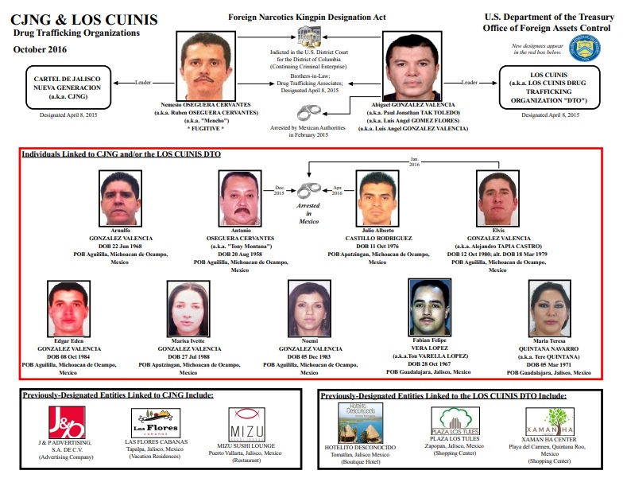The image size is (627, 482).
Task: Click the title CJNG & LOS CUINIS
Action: click(x=84, y=20)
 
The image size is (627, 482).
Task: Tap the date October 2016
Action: click(x=40, y=49)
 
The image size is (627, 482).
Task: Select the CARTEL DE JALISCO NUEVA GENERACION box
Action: click(x=68, y=87)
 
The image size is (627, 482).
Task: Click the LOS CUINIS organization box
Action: click(x=549, y=87)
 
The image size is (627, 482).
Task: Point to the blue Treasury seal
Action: click(x=585, y=48)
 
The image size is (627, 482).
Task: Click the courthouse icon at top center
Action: click(x=309, y=37)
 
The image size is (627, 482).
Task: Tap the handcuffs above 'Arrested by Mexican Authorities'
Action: click(x=309, y=112)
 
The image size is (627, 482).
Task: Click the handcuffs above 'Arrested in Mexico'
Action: click(x=309, y=190)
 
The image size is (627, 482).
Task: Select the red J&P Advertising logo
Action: click(x=67, y=422)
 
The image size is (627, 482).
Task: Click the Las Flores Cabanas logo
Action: click(x=156, y=423)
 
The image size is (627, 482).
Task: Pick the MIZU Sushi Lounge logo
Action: click(x=246, y=425)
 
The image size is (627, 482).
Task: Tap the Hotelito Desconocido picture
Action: click(x=360, y=423)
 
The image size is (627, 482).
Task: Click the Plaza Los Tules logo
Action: click(x=455, y=421)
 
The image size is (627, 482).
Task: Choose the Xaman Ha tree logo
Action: click(x=550, y=422)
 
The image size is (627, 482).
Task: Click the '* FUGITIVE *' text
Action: click(x=206, y=129)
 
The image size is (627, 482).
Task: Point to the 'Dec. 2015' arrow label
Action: click(x=279, y=190)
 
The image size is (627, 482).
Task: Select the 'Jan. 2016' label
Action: click(x=414, y=161)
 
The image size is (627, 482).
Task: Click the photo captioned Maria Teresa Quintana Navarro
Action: click(x=550, y=309)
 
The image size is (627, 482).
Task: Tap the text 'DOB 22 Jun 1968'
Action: click(x=120, y=247)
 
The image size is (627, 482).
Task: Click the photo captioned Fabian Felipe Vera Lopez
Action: click(x=430, y=307)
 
